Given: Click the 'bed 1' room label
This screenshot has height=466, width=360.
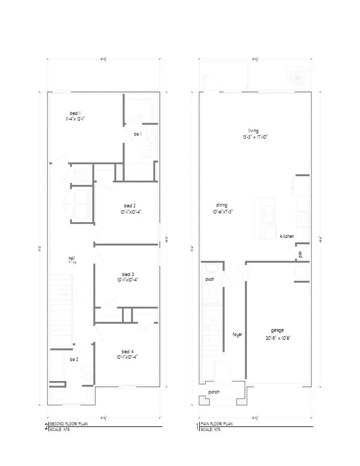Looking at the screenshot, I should [x=75, y=113].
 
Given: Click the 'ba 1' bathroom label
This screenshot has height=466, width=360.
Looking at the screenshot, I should [x=138, y=134].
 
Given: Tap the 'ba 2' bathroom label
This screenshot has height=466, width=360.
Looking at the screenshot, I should [x=74, y=359].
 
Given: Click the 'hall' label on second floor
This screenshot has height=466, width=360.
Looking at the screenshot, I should [x=71, y=258].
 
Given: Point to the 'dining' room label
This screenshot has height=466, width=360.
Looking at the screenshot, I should [x=222, y=205].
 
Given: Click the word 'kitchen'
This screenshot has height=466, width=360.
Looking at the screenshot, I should [x=287, y=236].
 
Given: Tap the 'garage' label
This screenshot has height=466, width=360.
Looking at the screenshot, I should [x=277, y=331].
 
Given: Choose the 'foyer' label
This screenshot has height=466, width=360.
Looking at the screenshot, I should [x=238, y=334].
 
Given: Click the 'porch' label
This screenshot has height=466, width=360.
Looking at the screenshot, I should [x=214, y=392].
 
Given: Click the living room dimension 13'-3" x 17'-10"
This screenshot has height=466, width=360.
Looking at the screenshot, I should [x=258, y=136].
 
